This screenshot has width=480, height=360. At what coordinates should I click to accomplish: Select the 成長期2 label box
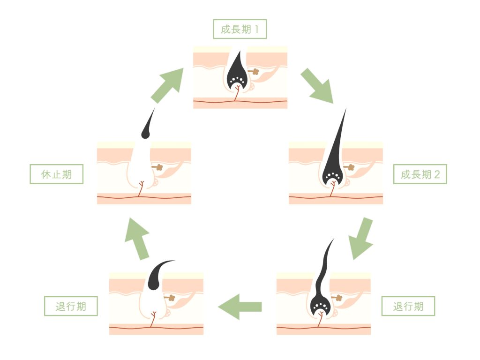point(420,174)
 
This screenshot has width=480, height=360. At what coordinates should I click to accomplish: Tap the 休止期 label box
point(56,174)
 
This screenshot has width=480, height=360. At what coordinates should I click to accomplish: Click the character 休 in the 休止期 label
point(45,174)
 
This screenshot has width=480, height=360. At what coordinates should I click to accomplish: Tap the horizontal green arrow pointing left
point(240,307)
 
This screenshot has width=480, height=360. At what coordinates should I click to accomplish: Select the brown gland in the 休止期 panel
point(158,166)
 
